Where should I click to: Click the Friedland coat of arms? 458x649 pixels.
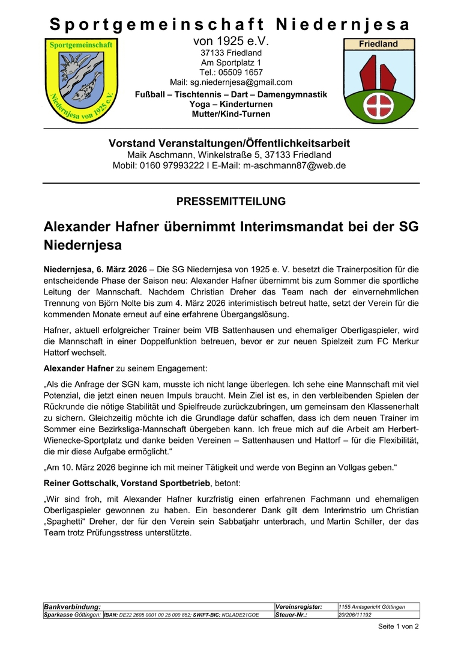[x=378, y=80]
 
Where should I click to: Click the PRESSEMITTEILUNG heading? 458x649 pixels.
[x=231, y=201]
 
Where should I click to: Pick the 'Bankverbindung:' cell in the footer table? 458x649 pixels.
[x=72, y=607]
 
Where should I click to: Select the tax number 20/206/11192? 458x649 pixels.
[x=355, y=615]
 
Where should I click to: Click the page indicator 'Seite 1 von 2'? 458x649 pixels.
[x=398, y=626]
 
